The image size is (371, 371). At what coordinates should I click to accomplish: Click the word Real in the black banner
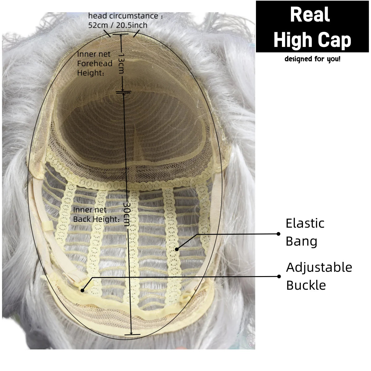click(310, 15)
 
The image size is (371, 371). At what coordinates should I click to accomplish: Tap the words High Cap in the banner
click(313, 40)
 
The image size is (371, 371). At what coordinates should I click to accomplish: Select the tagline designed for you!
click(313, 59)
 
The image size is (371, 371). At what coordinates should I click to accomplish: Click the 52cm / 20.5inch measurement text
click(118, 25)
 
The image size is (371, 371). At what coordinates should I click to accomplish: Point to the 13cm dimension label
click(121, 63)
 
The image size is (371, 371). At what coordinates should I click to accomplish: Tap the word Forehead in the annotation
click(95, 63)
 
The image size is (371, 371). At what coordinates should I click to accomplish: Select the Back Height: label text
click(96, 219)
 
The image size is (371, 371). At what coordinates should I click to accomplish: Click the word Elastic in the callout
click(305, 223)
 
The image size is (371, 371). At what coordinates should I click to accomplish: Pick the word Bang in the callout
click(301, 241)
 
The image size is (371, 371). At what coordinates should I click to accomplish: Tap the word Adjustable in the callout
click(319, 268)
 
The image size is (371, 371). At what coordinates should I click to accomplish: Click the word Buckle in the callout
click(306, 285)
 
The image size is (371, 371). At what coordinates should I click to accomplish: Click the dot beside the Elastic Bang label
click(278, 234)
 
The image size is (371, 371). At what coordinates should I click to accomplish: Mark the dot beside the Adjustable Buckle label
click(279, 276)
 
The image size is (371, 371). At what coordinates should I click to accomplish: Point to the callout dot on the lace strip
click(177, 249)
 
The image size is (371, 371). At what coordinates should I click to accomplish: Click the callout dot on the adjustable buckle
click(83, 290)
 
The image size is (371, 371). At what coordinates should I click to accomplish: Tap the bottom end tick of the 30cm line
click(132, 335)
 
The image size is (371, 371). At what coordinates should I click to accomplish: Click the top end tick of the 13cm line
click(121, 34)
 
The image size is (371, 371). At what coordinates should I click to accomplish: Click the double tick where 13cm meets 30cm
click(124, 92)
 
